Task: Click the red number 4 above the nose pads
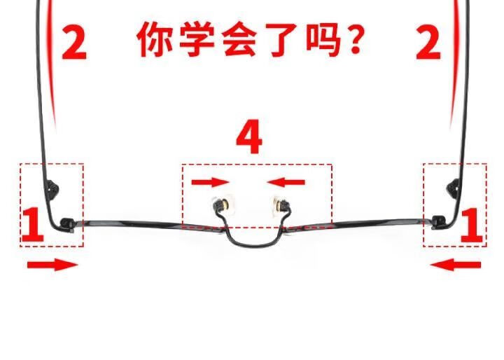tap(249, 138)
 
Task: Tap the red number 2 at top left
tap(73, 42)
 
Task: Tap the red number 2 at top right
tap(428, 42)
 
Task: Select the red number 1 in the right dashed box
tap(471, 226)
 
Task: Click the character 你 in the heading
tap(155, 39)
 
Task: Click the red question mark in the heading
tap(356, 39)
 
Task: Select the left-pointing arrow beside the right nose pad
tap(286, 183)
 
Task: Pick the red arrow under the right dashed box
tap(456, 265)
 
